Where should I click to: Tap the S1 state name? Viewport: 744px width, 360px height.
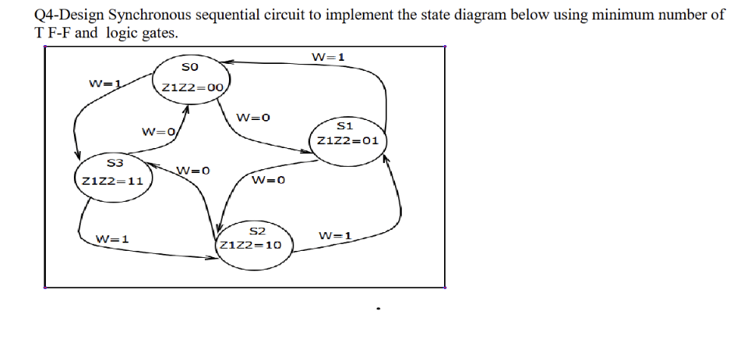(x=347, y=125)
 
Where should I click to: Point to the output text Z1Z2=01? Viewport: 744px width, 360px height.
(x=347, y=142)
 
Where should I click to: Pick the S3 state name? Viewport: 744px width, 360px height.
(x=115, y=163)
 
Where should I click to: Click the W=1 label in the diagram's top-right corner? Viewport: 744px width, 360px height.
(x=328, y=57)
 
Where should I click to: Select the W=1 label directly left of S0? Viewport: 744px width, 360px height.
(x=106, y=83)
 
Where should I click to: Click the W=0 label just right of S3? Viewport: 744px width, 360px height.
(x=193, y=171)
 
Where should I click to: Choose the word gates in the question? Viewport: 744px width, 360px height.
(x=159, y=34)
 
